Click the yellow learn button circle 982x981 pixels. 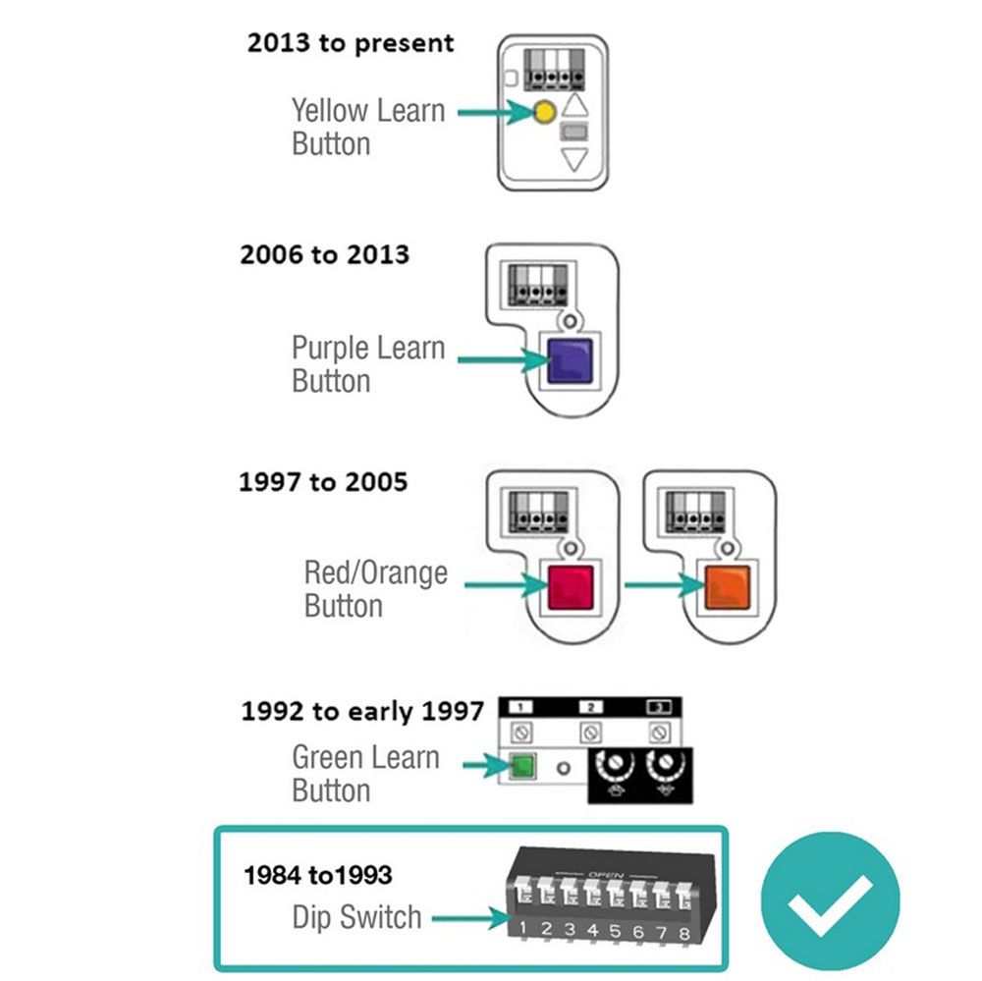542,113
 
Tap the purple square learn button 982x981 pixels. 567,359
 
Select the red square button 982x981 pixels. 569,587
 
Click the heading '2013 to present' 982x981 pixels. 351,43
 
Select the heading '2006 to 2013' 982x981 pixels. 324,255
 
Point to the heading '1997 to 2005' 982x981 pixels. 323,483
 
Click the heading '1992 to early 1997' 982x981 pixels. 362,711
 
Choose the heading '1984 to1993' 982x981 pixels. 318,875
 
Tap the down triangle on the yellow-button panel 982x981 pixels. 573,160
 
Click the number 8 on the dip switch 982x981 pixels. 683,932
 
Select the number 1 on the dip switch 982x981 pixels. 524,928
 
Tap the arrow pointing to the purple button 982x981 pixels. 501,360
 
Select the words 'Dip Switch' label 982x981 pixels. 356,918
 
